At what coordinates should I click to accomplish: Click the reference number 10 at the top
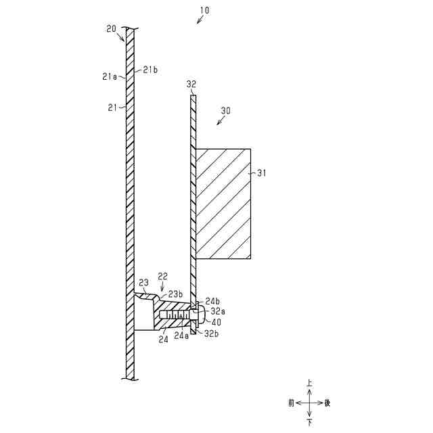tap(205, 11)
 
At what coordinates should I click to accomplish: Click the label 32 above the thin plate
tap(191, 85)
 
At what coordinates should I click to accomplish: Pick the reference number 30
tap(226, 110)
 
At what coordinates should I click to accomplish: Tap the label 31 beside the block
tap(262, 173)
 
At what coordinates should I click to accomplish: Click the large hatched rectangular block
tap(223, 204)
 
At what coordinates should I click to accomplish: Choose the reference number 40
tap(216, 322)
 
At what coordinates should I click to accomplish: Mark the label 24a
tap(180, 335)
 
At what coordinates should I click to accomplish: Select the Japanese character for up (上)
tap(310, 383)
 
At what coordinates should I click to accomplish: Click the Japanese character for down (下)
tap(310, 422)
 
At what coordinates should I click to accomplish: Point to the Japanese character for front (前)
tap(291, 403)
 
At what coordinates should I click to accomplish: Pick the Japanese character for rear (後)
tap(328, 403)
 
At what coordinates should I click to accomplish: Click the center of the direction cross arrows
tap(310, 403)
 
